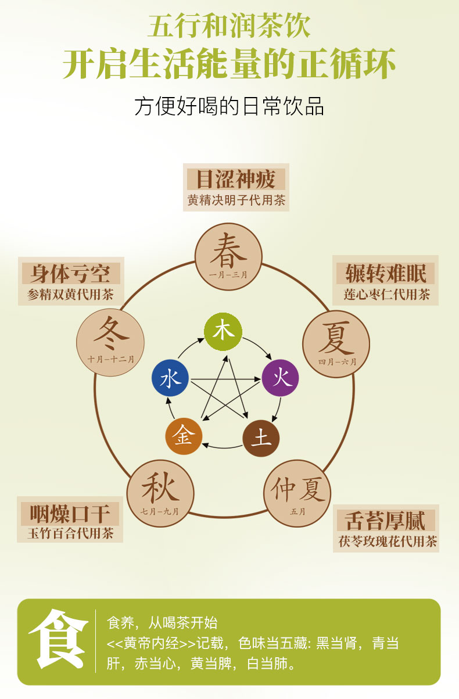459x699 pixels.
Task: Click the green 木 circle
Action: [223, 331]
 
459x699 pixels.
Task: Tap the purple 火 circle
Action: [281, 378]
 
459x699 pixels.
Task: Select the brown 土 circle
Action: [261, 438]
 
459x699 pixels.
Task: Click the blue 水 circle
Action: [170, 379]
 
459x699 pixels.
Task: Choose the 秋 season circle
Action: [160, 492]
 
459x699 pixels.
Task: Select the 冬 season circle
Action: [110, 342]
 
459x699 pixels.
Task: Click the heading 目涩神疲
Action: [236, 180]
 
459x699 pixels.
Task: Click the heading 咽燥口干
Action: [70, 514]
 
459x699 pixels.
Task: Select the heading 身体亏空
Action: [71, 273]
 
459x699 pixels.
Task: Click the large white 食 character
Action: [58, 639]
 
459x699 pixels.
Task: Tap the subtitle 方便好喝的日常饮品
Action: [229, 107]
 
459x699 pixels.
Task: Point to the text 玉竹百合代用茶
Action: [70, 533]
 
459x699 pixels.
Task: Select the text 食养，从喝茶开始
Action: [163, 623]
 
